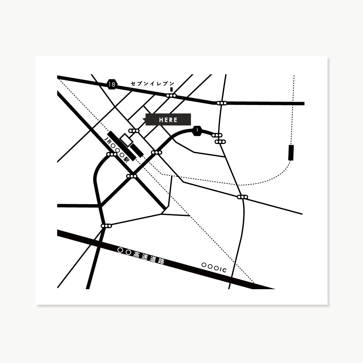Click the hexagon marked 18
point(112,84)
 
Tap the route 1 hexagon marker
point(197,131)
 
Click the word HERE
point(168,120)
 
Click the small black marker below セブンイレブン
point(172,89)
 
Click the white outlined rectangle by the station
point(126,140)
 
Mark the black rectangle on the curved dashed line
point(291,152)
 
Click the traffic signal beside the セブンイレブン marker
point(172,96)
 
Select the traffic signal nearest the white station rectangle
point(134,131)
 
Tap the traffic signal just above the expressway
point(106,226)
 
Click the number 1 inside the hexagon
point(197,131)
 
